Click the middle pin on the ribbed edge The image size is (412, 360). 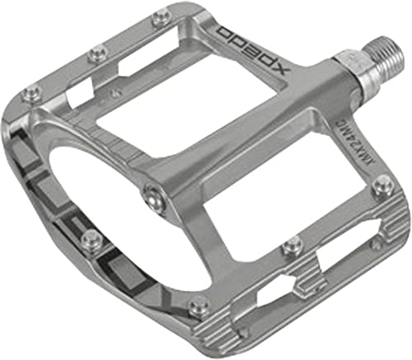point(292,244)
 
